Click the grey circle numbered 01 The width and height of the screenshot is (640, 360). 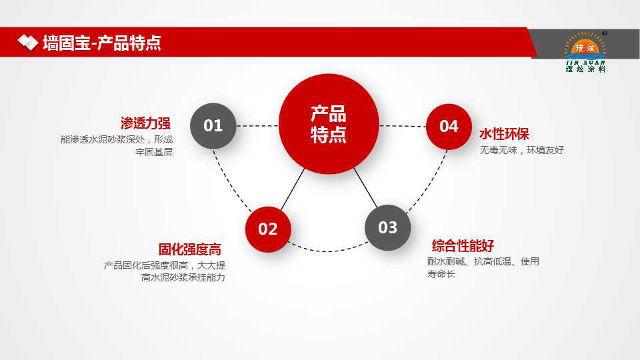[213, 126]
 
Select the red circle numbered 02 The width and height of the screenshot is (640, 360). [268, 229]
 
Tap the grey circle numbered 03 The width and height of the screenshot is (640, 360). [387, 228]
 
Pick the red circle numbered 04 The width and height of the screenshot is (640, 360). [449, 127]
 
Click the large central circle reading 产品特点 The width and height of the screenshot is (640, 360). [329, 124]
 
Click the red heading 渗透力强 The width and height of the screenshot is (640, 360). [145, 123]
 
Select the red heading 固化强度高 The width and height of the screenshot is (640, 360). [190, 249]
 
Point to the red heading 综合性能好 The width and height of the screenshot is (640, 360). [463, 246]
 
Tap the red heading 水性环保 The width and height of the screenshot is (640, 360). [504, 134]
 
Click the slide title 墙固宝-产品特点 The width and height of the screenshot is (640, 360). [102, 43]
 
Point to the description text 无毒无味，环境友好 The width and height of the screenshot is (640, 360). [521, 150]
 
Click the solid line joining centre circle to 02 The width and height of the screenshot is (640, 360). [293, 189]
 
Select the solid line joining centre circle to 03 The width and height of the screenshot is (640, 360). [366, 188]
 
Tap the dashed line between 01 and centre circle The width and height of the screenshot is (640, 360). [257, 126]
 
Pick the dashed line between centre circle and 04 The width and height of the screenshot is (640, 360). [403, 126]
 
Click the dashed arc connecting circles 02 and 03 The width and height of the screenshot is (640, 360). [328, 251]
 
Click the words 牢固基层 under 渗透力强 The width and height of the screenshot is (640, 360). [154, 152]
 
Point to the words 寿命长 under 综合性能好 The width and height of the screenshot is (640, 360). [441, 274]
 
